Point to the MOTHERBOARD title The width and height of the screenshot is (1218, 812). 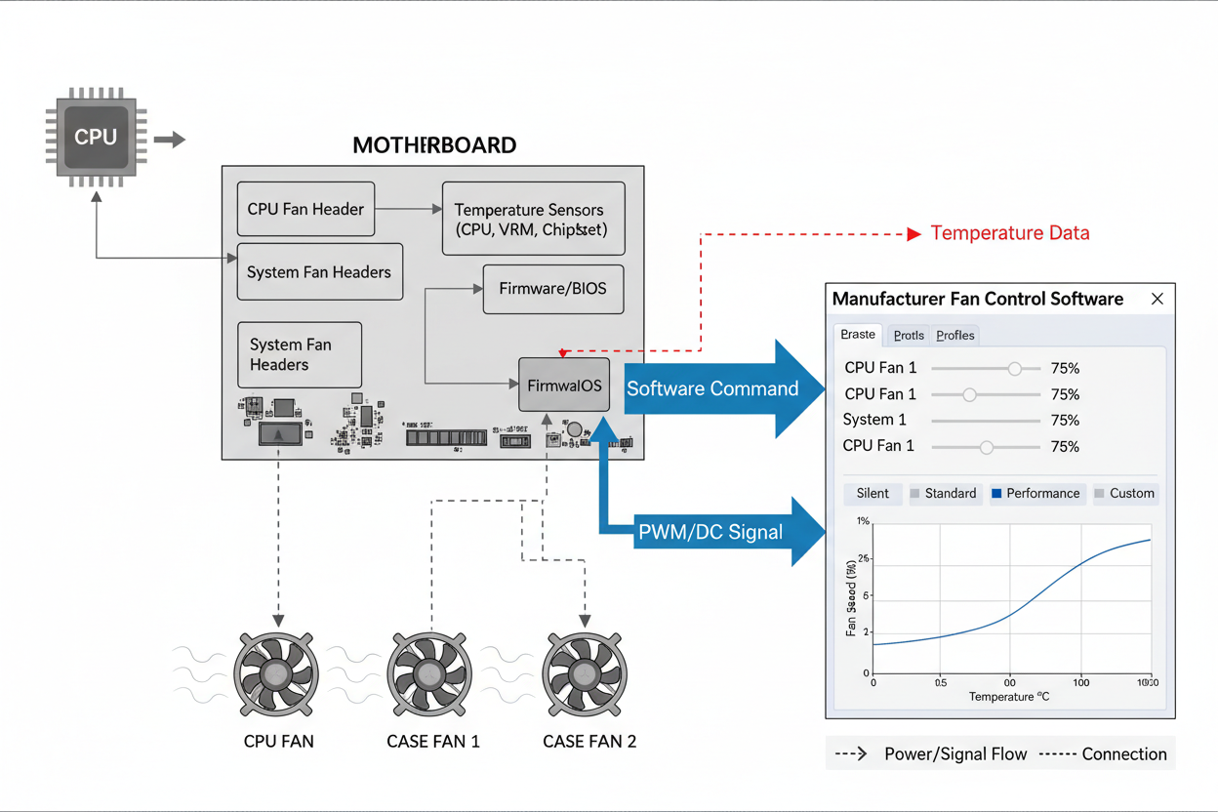point(434,145)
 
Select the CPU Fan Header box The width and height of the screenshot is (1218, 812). point(305,209)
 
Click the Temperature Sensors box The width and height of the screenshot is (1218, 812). point(533,220)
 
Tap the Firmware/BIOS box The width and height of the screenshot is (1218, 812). point(552,288)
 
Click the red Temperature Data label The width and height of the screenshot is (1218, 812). point(1009,233)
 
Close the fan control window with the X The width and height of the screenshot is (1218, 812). point(1157,299)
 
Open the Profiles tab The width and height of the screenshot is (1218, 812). point(955,335)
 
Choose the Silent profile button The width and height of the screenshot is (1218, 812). point(873,494)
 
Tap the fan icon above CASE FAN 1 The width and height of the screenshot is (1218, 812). point(430,672)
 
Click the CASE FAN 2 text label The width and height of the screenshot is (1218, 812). point(589,742)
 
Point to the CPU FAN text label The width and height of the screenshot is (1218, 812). point(279,742)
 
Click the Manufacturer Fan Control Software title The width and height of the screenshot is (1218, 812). point(978,299)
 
